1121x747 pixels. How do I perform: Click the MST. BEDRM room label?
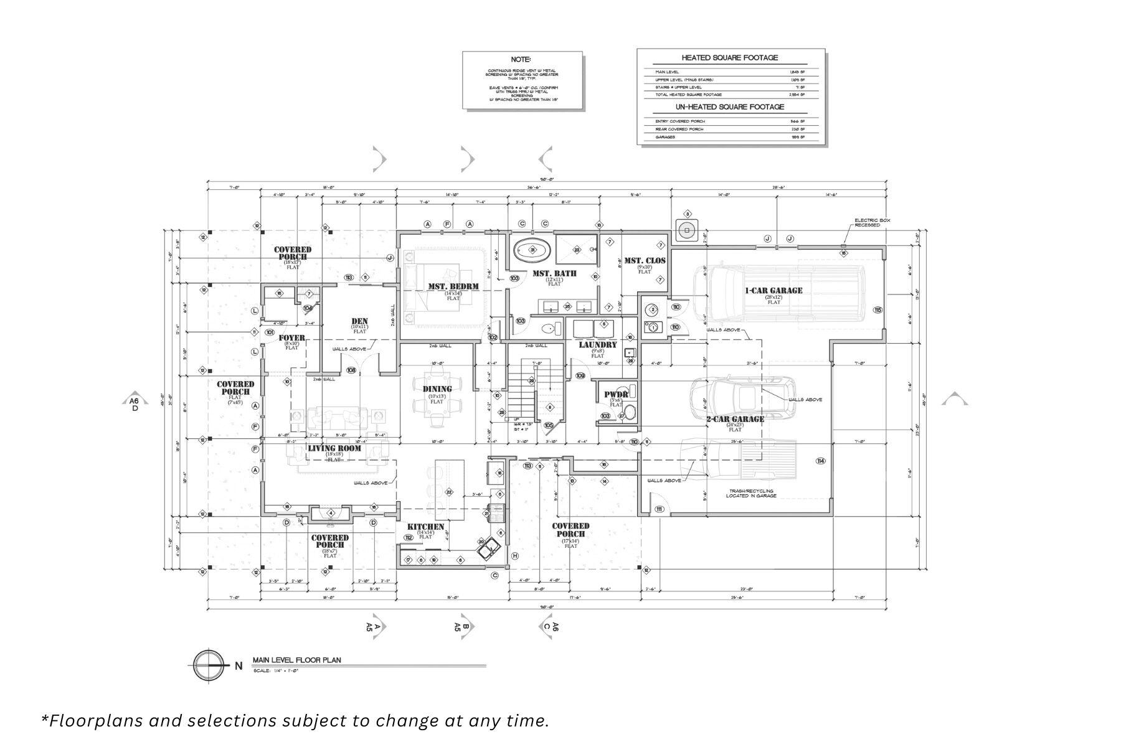pyautogui.click(x=453, y=287)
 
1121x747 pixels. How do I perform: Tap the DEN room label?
pyautogui.click(x=359, y=322)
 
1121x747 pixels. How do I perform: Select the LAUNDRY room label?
pyautogui.click(x=598, y=345)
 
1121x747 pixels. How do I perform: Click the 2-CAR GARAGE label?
pyautogui.click(x=735, y=419)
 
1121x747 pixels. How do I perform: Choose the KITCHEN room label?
pyautogui.click(x=425, y=527)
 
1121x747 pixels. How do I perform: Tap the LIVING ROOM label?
pyautogui.click(x=334, y=448)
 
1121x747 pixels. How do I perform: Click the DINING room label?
pyautogui.click(x=437, y=389)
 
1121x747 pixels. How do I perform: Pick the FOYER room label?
pyautogui.click(x=291, y=338)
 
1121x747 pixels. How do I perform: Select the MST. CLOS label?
pyautogui.click(x=645, y=261)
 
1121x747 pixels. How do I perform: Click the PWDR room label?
pyautogui.click(x=615, y=394)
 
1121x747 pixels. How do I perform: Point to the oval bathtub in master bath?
pyautogui.click(x=532, y=250)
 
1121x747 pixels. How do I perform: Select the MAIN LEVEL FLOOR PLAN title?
pyautogui.click(x=296, y=660)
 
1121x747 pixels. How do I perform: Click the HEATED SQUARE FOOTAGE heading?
pyautogui.click(x=730, y=58)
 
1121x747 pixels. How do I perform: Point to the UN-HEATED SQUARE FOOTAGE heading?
pyautogui.click(x=730, y=107)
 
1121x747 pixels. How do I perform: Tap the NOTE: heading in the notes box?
pyautogui.click(x=521, y=60)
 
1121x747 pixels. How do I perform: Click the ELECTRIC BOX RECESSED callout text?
pyautogui.click(x=867, y=222)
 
